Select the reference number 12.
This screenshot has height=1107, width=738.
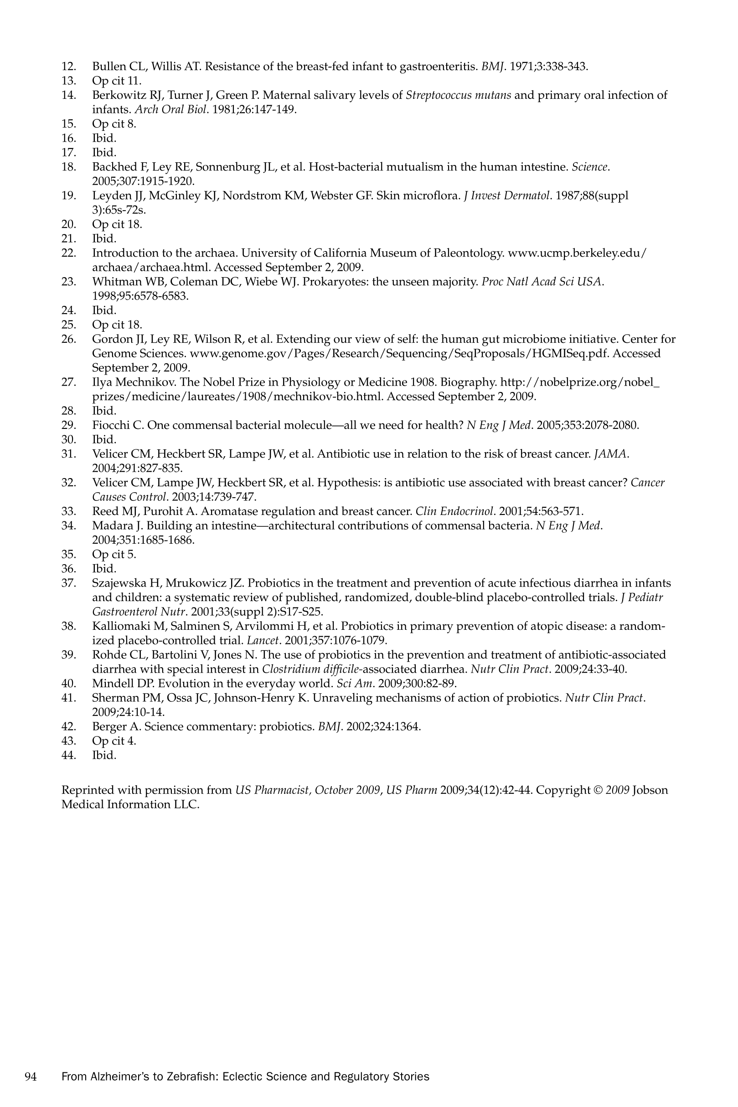(x=69, y=67)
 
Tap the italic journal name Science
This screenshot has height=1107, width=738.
(x=590, y=167)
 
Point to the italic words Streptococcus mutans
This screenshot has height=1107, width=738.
(x=458, y=95)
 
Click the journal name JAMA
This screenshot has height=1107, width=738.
(x=611, y=454)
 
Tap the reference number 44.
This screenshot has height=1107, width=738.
(x=69, y=755)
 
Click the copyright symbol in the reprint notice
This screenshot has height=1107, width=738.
(x=597, y=790)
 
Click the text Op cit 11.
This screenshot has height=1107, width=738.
(x=117, y=81)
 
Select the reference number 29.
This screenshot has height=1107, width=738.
(x=69, y=425)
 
